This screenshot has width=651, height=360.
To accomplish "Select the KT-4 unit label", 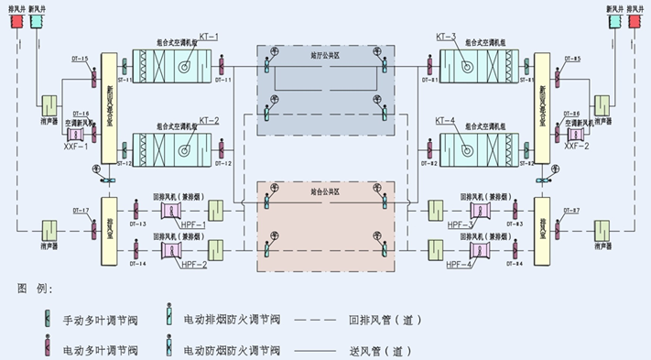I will tap(446, 119).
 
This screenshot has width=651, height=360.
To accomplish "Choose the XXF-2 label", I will tap(578, 146).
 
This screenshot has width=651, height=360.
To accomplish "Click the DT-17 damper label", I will tap(80, 212).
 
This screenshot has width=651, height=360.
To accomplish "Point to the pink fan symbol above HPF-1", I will tap(171, 211).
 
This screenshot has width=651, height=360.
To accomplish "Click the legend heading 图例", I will tap(35, 289).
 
